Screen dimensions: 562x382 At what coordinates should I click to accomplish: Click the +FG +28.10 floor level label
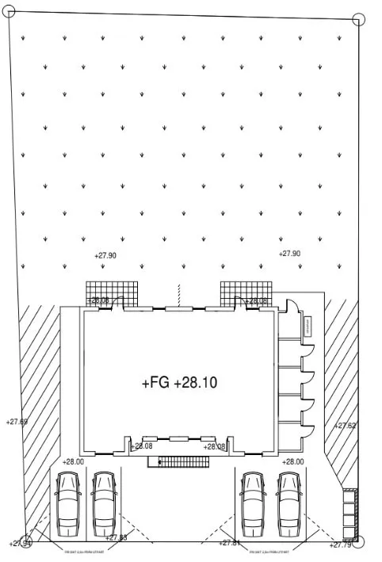(x=180, y=383)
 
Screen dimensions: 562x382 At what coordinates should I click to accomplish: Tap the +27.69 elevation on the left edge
(x=17, y=422)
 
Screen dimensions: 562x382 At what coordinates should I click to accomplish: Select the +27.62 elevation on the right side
(x=346, y=426)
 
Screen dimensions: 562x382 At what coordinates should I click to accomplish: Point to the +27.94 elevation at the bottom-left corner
(x=20, y=543)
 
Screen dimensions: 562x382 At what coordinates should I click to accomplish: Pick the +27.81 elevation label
(x=231, y=542)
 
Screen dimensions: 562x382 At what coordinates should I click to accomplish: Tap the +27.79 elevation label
(x=340, y=545)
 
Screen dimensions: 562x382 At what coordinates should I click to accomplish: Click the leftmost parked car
(x=68, y=503)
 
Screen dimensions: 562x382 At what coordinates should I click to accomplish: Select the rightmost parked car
(x=290, y=503)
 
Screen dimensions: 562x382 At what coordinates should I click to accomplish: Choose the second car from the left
(x=105, y=503)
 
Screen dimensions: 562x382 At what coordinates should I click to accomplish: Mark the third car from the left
(x=254, y=503)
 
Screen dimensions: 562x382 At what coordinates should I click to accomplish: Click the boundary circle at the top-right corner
(x=359, y=19)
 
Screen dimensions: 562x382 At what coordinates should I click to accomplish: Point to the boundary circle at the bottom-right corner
(x=360, y=543)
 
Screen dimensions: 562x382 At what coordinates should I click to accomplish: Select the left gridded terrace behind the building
(x=113, y=292)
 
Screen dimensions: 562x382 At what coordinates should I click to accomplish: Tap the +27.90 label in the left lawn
(x=105, y=256)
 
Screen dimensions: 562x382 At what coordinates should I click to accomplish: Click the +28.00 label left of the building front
(x=74, y=461)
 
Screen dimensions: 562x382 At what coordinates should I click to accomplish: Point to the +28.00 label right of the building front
(x=293, y=461)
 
